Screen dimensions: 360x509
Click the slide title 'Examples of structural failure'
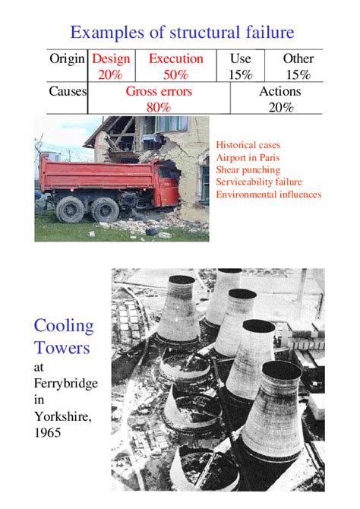pyautogui.click(x=182, y=32)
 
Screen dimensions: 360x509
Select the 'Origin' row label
pyautogui.click(x=67, y=58)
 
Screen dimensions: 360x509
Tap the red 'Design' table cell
pyautogui.click(x=111, y=58)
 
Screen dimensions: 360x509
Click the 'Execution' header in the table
pyautogui.click(x=176, y=58)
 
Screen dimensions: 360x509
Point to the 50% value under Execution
pyautogui.click(x=176, y=74)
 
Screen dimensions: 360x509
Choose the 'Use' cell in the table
pyautogui.click(x=240, y=58)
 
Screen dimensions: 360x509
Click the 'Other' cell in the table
pyautogui.click(x=298, y=58)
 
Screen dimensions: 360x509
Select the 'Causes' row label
pyautogui.click(x=68, y=91)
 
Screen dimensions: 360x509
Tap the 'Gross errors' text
pyautogui.click(x=159, y=91)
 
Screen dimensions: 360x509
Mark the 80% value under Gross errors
pyautogui.click(x=159, y=107)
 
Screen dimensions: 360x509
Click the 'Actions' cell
pyautogui.click(x=280, y=91)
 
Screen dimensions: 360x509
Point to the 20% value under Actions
pyautogui.click(x=280, y=107)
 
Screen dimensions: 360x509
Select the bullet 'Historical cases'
pyautogui.click(x=248, y=144)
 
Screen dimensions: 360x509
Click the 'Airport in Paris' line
pyautogui.click(x=243, y=157)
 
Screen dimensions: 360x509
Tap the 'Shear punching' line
pyautogui.click(x=248, y=169)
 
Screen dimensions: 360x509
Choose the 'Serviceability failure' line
pyautogui.click(x=258, y=182)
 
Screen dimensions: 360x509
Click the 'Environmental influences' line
pyautogui.click(x=268, y=194)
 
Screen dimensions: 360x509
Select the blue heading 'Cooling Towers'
pyautogui.click(x=64, y=337)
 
